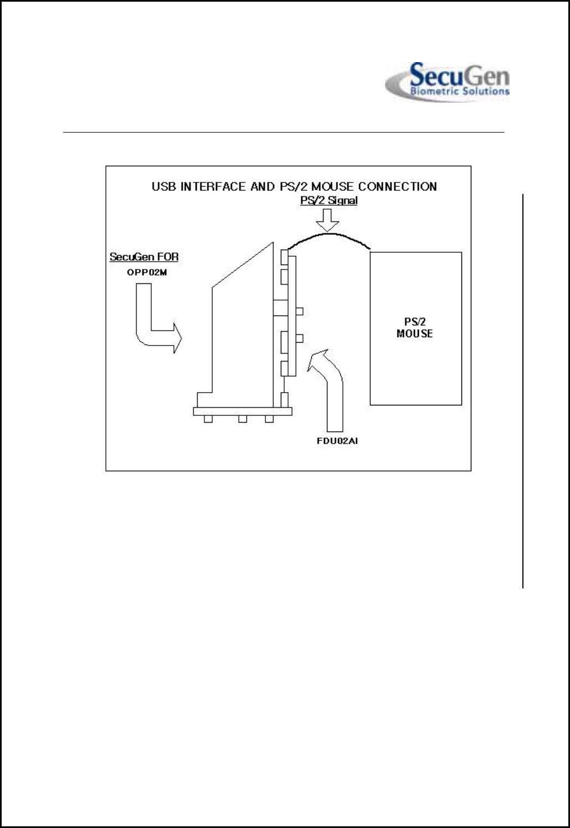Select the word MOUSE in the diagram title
(332, 186)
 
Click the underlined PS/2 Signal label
(328, 200)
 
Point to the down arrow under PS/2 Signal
(327, 220)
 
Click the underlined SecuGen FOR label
(144, 257)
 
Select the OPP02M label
(147, 273)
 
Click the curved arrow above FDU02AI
(329, 388)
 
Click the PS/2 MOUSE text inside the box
(415, 328)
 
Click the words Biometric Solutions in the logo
(459, 92)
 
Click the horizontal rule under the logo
(284, 133)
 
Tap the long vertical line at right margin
(523, 388)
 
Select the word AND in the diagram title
(263, 186)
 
